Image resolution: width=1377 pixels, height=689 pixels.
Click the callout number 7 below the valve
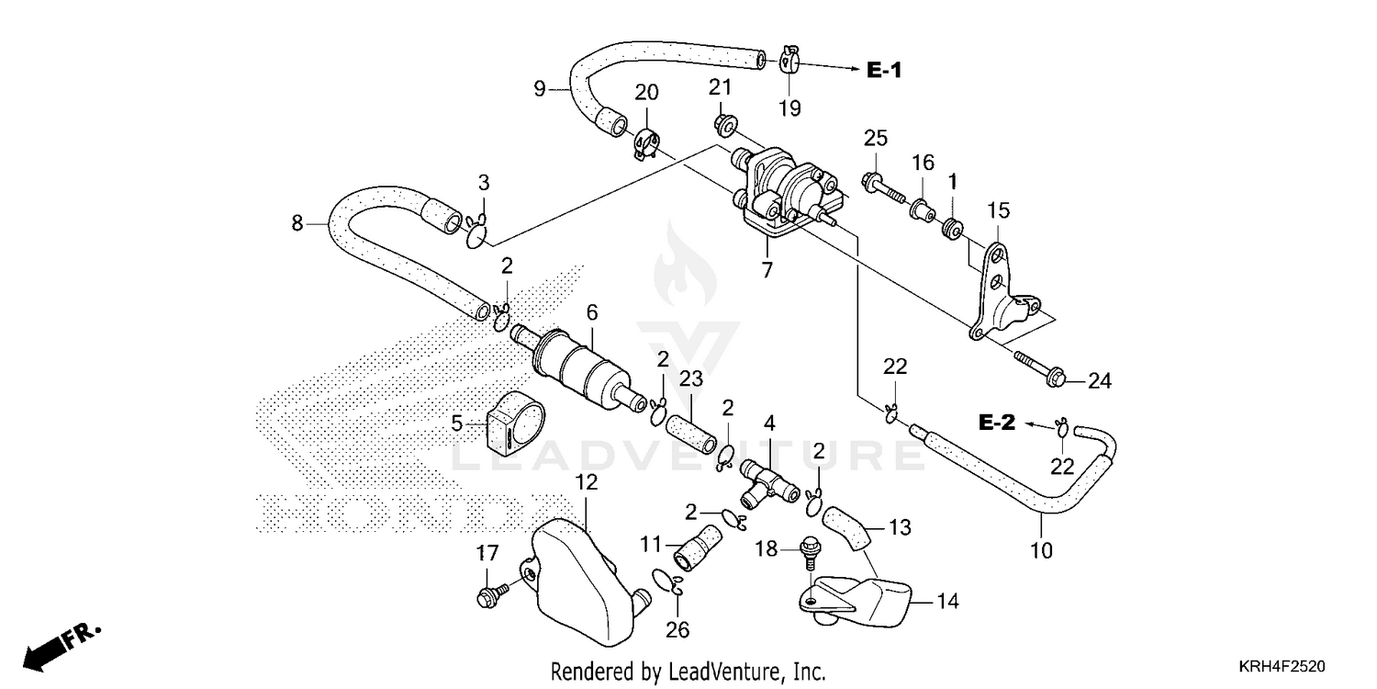tap(767, 270)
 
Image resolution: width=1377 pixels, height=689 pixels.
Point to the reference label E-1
tap(884, 70)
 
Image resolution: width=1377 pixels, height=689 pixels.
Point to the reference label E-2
tap(995, 423)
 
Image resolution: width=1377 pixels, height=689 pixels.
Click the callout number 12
tap(587, 481)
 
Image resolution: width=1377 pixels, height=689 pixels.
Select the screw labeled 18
tap(811, 548)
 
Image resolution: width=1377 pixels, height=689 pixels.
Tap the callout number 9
tap(540, 89)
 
